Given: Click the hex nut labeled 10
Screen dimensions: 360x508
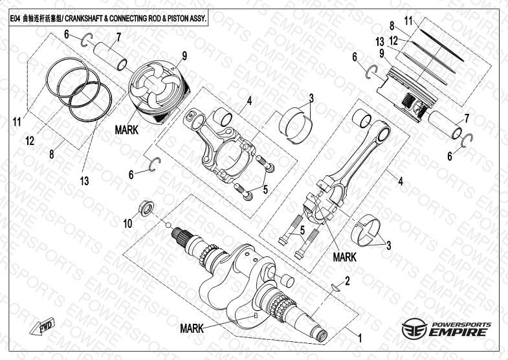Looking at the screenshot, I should pos(146,208).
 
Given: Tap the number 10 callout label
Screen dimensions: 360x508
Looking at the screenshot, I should pos(127,223).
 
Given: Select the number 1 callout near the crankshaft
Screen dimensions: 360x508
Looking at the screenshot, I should pos(360,337).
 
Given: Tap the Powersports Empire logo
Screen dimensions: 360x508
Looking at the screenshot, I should pos(447,329).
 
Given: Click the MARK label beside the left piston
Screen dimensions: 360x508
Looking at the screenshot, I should pos(127,129).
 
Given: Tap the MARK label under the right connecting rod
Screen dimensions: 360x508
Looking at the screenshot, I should pos(344,256).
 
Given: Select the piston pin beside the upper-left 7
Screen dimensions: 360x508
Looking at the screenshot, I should pos(111,56).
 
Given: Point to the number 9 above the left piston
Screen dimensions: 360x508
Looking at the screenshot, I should pos(184,56).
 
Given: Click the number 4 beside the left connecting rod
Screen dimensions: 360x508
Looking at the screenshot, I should pos(248,100).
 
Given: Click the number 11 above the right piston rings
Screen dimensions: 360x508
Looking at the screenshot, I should pos(408,21).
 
